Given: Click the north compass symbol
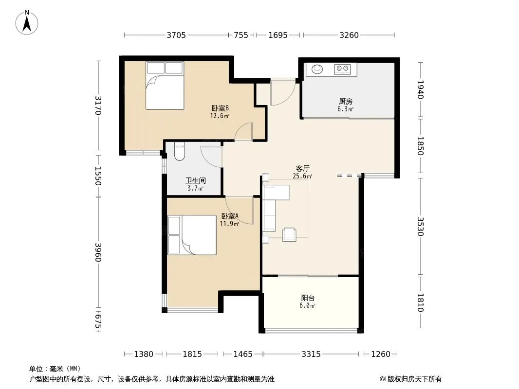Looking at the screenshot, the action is (27, 22).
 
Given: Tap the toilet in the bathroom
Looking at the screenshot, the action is (179, 152).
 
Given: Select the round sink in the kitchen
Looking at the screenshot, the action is (317, 69).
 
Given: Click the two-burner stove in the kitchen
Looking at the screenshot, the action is (342, 69).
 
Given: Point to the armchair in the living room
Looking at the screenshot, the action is (289, 235).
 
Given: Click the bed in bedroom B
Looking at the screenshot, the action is (165, 85).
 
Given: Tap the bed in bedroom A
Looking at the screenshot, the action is (192, 235).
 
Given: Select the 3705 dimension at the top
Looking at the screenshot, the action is (176, 35).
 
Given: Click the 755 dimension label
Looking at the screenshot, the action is (241, 35).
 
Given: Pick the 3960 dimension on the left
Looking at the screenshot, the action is (98, 252).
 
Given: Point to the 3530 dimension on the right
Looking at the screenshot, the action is (420, 227).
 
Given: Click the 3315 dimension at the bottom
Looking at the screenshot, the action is (311, 354).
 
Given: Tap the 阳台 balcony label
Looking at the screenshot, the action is (308, 298).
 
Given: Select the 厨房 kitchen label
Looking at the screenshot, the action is (346, 102).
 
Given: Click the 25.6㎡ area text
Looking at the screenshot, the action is (302, 176).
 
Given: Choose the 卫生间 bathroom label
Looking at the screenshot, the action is (196, 180).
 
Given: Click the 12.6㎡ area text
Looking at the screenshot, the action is (220, 116).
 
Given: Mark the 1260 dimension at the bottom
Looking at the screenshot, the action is (381, 354).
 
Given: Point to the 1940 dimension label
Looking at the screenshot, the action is (420, 89).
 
